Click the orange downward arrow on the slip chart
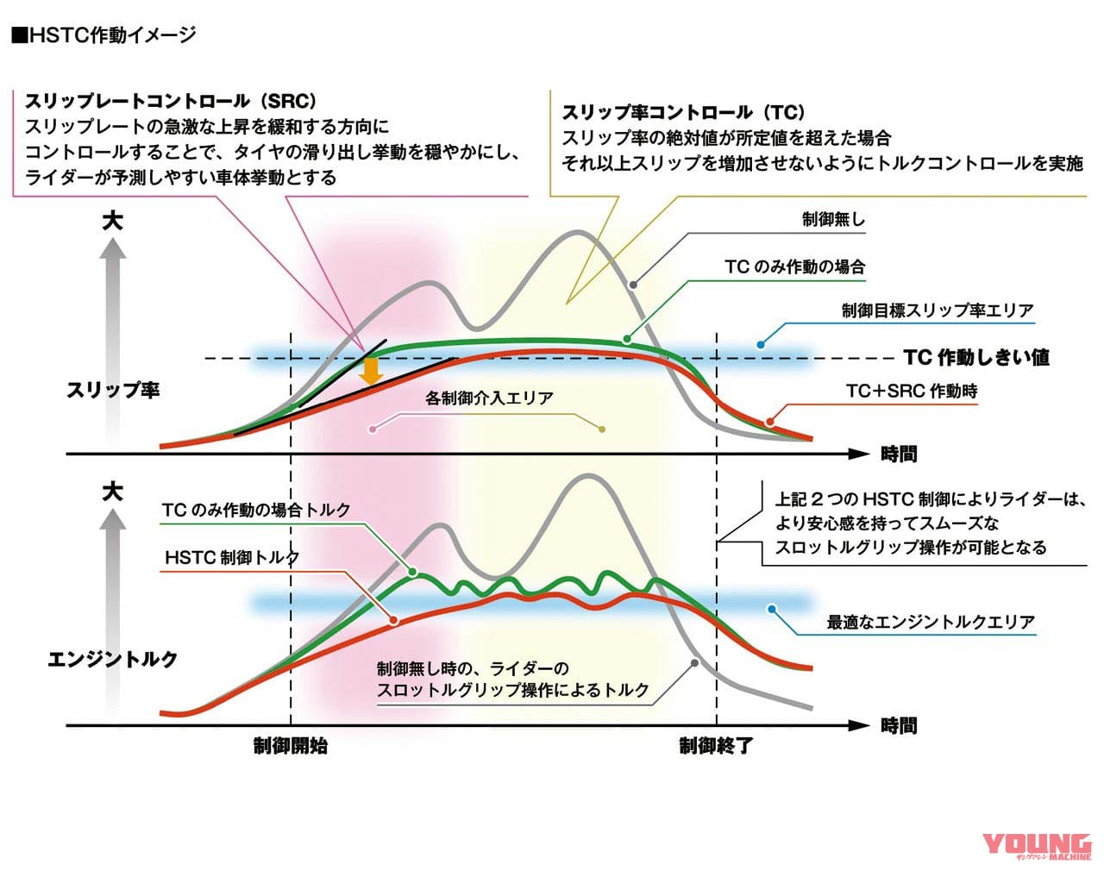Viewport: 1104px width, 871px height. pos(372,372)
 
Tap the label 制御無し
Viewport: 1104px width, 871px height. pos(833,219)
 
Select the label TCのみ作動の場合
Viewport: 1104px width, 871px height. pos(794,266)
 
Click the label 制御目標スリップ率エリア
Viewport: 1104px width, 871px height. pos(938,310)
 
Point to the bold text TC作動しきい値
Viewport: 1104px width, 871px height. pos(976,357)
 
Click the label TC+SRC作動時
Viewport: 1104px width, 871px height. pos(912,391)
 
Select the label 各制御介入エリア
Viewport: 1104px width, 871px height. pos(489,398)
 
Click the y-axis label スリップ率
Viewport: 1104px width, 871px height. pos(113,390)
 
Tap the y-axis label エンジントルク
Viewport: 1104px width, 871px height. pos(112,659)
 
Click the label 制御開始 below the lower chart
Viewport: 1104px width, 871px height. pos(291,746)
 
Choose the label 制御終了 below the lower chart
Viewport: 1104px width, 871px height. pos(716,746)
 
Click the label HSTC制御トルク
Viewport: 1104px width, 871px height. pos(232,557)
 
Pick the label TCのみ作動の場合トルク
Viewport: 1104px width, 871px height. pos(256,510)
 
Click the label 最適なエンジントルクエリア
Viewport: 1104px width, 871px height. pos(931,622)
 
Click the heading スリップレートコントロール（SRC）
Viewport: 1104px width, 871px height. pos(171,101)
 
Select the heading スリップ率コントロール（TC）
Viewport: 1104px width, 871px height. pos(683,112)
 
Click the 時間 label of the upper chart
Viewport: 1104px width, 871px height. pos(899,454)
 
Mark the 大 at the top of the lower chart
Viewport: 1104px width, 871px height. pos(112,492)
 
